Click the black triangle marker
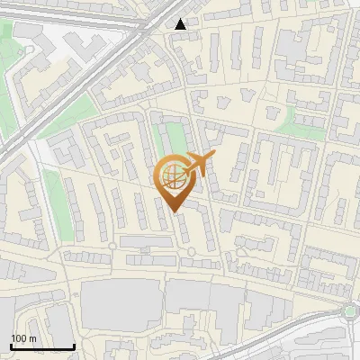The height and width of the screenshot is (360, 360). point(182,24)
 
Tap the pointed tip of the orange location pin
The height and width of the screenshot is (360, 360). point(174,211)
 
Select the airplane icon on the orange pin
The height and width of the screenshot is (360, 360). point(196,165)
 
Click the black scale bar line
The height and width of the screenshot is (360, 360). point(42,346)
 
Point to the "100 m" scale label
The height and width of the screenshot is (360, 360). point(23,338)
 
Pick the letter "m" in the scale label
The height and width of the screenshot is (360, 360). point(32,338)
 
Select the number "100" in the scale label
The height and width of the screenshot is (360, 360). point(18,338)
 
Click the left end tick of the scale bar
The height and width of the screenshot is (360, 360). point(12,346)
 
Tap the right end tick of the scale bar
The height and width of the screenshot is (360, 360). point(74,346)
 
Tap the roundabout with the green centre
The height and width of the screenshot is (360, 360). point(349,312)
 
